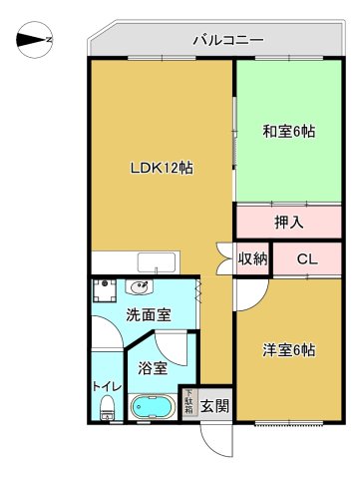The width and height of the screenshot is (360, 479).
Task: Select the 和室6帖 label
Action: click(x=288, y=131)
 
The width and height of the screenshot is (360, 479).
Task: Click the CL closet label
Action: click(x=307, y=259)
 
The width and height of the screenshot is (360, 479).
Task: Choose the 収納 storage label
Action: click(x=252, y=259)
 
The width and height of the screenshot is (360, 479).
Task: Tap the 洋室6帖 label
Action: click(x=289, y=350)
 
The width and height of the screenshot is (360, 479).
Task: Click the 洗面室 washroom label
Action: click(x=148, y=316)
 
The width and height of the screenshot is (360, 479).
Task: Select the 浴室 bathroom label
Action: click(x=153, y=367)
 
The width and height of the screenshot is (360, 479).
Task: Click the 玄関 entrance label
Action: click(x=214, y=405)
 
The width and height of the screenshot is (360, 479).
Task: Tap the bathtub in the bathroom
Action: click(x=155, y=408)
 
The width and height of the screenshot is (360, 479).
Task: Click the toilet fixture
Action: click(x=107, y=407)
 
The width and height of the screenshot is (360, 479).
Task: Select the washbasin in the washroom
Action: click(x=141, y=290)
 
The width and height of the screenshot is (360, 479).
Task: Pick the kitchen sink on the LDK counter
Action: click(x=158, y=262)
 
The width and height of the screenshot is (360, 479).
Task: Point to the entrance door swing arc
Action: click(x=213, y=439)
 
